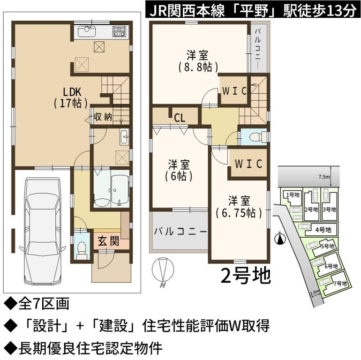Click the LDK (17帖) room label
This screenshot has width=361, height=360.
coord(71,97)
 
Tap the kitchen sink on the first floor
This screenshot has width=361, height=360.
coord(87,31)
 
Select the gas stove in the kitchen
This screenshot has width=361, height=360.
coord(119,31)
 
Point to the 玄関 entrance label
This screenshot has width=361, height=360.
coord(108,241)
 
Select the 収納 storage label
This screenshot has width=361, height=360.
coord(103,117)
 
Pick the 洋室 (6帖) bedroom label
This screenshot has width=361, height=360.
coord(179,171)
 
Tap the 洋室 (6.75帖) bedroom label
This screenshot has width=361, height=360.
coord(239,207)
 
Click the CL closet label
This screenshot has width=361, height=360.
coord(180,118)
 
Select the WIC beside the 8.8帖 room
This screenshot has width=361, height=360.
coord(234,91)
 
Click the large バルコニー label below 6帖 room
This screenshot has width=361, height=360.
coord(180,232)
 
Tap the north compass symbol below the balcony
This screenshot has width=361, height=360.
coord(163,270)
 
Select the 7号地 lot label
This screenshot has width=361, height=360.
coord(340,283)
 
